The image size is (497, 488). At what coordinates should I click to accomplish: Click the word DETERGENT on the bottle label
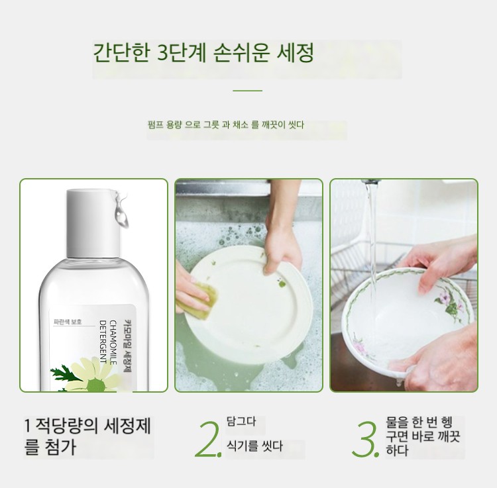coord(103,342)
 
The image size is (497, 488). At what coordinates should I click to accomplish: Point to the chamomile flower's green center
coord(95,385)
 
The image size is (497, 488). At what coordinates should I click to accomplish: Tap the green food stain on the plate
coord(282,284)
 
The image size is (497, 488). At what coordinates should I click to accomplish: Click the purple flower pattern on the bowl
coord(447,301)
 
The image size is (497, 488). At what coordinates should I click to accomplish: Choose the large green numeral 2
coord(207,440)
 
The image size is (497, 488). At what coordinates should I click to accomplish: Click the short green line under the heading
coord(248,91)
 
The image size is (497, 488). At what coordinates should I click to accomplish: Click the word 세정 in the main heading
coord(296,52)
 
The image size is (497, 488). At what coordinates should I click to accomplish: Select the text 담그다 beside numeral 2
coord(241,422)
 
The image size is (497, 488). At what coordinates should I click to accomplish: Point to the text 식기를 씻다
coord(254,446)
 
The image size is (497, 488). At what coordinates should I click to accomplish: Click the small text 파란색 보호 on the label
coord(68,322)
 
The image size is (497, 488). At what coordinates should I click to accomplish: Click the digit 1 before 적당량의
coord(28,426)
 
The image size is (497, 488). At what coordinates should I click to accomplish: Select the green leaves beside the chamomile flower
coord(64,375)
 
